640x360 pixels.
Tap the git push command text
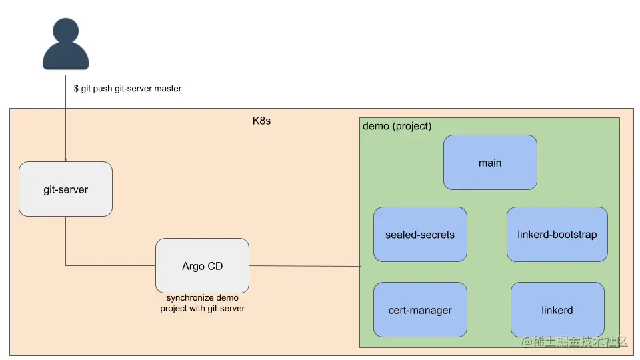[x=127, y=89]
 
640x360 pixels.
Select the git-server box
[x=65, y=189]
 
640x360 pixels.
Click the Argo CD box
[x=202, y=266]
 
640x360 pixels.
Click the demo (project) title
[x=397, y=126]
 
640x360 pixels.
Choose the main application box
[x=490, y=163]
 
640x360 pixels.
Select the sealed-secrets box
[x=420, y=235]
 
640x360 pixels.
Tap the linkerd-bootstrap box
[x=557, y=235]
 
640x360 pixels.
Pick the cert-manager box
[x=420, y=310]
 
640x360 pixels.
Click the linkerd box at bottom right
[x=557, y=310]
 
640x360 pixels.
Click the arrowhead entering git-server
[x=65, y=159]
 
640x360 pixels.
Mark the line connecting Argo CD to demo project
[x=304, y=266]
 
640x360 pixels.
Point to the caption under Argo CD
[x=202, y=303]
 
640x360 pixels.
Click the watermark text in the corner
[x=575, y=341]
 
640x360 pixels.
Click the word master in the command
[x=168, y=89]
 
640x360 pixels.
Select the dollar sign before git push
[x=76, y=89]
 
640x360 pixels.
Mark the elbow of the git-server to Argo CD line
[x=65, y=265]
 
